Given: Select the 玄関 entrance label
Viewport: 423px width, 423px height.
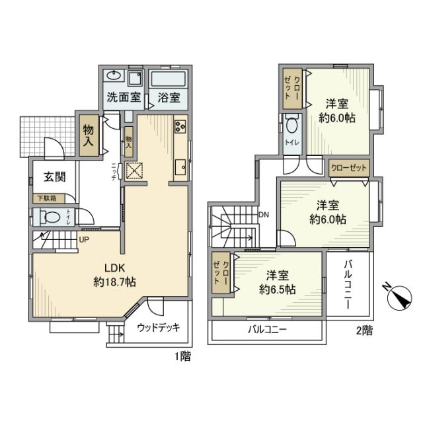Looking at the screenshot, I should pos(54,177).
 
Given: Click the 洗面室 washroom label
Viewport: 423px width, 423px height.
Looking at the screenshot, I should pos(124,98).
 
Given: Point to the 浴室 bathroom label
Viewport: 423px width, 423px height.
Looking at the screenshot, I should pos(169,98).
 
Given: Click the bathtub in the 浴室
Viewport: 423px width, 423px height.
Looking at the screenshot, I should pos(169,79).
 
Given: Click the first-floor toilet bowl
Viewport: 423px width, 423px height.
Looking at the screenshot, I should pos(48,216).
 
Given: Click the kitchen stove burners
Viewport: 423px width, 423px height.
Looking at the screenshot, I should pos(180,126).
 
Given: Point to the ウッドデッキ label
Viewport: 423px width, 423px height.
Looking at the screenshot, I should pos(159,327).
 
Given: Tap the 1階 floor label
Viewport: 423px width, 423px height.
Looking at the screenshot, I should pos(183,357).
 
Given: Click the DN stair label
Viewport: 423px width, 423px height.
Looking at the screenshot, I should pos(264,214).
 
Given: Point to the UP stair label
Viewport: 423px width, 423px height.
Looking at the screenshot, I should pos(85,239).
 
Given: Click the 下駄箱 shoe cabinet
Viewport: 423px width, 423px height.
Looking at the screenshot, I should pos(46,198).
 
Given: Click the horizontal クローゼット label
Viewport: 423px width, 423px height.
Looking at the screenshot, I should pos(348,167).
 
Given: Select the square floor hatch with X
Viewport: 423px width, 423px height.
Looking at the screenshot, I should pos(135,171).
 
